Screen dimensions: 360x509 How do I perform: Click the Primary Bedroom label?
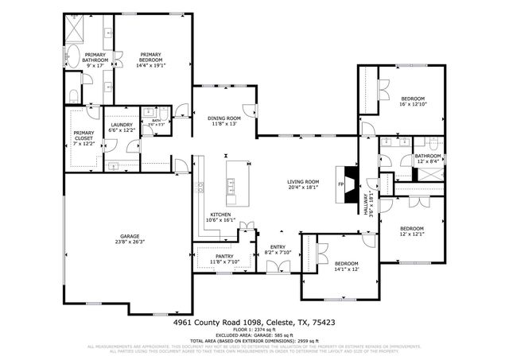tap(150, 57)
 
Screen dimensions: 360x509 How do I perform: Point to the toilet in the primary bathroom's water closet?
tap(72, 96)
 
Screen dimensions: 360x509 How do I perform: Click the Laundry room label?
tap(122, 128)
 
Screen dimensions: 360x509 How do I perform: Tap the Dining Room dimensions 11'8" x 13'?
tap(225, 124)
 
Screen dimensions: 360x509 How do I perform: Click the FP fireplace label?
tap(341, 186)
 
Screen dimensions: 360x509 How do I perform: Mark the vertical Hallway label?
tap(367, 203)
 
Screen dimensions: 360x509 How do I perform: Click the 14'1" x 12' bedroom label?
tap(346, 266)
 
